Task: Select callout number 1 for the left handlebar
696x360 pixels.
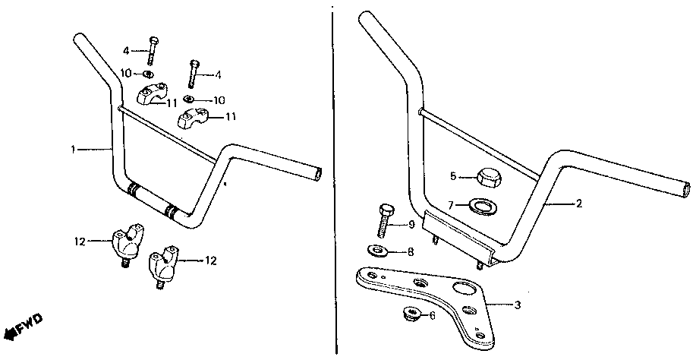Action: pyautogui.click(x=74, y=150)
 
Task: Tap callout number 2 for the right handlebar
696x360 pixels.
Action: pyautogui.click(x=578, y=204)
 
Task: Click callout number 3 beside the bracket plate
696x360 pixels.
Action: pyautogui.click(x=518, y=305)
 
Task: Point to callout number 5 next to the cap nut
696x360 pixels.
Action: pyautogui.click(x=453, y=176)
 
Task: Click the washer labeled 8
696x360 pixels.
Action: pyautogui.click(x=375, y=251)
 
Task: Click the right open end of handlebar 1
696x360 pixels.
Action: pyautogui.click(x=320, y=174)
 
